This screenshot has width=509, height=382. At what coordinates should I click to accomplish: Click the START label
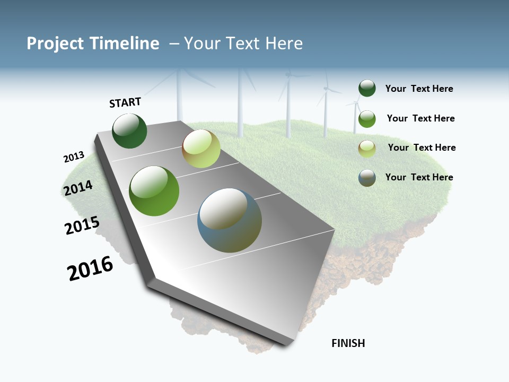coord(125,102)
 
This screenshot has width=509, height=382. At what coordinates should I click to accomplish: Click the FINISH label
coord(348,343)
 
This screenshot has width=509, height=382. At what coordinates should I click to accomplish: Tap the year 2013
coord(74,157)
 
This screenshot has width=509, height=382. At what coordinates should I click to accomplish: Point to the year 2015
coord(82,225)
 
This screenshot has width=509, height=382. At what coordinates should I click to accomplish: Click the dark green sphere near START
coord(129,131)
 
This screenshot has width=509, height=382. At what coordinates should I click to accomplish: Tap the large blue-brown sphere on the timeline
coord(230,220)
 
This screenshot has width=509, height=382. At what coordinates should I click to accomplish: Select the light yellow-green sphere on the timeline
coord(201,149)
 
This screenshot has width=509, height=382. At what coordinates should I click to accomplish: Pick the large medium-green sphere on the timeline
coord(154,191)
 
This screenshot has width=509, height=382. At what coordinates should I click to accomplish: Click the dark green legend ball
coord(367,89)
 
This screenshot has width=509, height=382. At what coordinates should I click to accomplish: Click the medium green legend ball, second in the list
coord(367,119)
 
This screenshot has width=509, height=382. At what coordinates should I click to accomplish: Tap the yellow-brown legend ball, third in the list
coord(367,149)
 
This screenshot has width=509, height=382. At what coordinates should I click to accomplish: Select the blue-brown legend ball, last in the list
coord(367,178)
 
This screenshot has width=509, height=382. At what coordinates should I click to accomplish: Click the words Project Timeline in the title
coord(93,44)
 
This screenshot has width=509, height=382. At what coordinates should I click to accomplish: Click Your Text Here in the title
coord(243,44)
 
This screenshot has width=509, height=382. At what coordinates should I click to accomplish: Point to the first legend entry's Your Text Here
coord(419,89)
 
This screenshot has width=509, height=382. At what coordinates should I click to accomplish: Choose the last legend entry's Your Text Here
coord(419,177)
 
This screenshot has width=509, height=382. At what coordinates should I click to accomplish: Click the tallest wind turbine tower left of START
coord(180,95)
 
